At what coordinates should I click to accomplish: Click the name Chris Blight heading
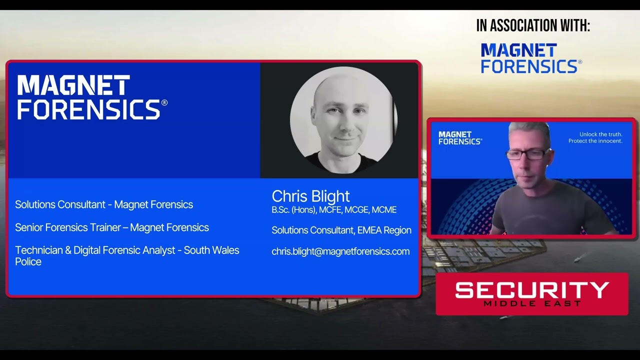(x=310, y=196)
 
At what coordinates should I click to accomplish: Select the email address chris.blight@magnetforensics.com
(x=340, y=251)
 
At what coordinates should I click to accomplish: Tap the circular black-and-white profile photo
(x=343, y=120)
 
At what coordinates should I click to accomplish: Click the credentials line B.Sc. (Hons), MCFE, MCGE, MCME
(x=334, y=210)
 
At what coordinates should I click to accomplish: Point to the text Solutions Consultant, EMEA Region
(x=341, y=230)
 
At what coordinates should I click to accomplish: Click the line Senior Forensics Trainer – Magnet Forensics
(x=112, y=227)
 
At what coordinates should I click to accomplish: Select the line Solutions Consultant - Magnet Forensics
(x=104, y=204)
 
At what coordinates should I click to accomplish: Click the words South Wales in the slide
(x=211, y=250)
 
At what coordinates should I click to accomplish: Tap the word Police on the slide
(x=28, y=261)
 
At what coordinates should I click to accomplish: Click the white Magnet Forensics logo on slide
(x=90, y=97)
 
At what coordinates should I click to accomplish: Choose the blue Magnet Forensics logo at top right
(x=530, y=58)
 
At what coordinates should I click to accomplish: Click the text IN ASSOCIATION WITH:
(x=533, y=26)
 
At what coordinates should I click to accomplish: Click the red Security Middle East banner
(x=532, y=294)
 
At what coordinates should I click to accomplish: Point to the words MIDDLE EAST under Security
(x=532, y=303)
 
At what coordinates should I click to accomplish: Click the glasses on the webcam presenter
(x=528, y=154)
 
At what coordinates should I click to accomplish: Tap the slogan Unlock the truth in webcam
(x=600, y=134)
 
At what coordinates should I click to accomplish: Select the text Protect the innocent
(x=595, y=141)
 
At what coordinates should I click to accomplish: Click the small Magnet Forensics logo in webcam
(x=459, y=138)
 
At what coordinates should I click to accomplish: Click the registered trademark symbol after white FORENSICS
(x=164, y=103)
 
